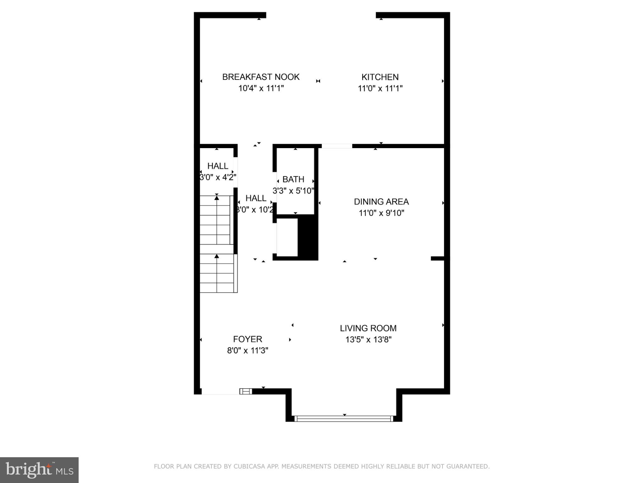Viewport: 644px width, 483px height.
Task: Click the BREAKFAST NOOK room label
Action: coord(261,77)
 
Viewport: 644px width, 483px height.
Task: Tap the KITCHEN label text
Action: coord(380,77)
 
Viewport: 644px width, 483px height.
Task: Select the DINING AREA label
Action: coord(381,202)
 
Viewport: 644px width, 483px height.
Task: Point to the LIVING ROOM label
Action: coord(368,328)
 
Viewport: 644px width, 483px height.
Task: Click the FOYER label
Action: coord(247,339)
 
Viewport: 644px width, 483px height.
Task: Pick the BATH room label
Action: coord(293,180)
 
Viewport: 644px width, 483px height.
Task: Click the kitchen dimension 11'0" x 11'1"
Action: coord(380,88)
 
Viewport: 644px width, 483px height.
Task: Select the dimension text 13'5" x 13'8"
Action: coord(368,340)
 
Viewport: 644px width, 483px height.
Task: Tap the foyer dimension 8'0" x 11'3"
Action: coord(247,351)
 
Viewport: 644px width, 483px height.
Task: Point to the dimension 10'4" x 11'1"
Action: coord(261,88)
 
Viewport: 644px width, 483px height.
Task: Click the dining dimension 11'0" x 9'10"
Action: coord(381,213)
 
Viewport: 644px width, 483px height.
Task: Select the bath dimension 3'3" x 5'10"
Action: coord(293,191)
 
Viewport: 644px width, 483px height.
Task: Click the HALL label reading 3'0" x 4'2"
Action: coord(218,166)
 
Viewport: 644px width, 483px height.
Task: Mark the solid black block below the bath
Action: coord(308,237)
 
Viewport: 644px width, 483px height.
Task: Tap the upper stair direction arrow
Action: coord(217,197)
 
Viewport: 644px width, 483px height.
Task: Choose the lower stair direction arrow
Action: coord(217,256)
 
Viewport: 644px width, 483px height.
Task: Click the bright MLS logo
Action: coord(39,470)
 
